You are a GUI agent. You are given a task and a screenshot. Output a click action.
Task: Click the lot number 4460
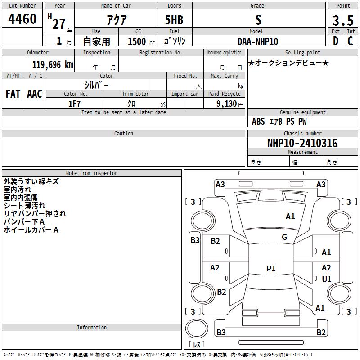click(x=22, y=18)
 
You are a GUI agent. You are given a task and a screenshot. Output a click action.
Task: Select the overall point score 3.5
click(x=343, y=20)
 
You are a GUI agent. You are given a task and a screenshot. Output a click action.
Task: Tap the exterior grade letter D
click(x=336, y=41)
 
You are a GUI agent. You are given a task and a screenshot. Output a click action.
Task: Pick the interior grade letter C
click(x=350, y=41)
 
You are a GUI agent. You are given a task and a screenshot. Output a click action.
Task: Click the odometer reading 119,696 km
click(x=53, y=65)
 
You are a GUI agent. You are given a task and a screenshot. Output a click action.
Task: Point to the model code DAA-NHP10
click(x=258, y=41)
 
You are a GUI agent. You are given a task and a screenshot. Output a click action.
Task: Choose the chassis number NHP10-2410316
click(x=302, y=143)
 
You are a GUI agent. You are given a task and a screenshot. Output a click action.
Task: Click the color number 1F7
click(x=74, y=104)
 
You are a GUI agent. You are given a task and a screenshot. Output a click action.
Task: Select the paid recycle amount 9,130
click(x=227, y=104)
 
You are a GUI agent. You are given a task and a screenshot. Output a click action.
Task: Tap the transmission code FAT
click(x=13, y=94)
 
